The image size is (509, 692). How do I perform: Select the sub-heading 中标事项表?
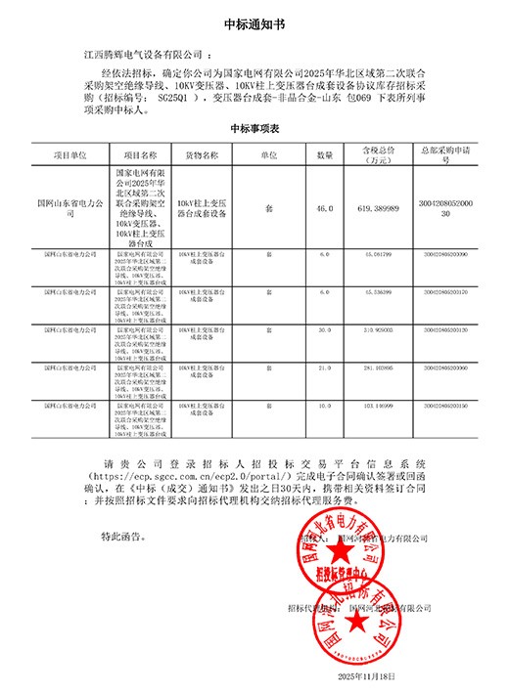254,129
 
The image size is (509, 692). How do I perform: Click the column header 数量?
324,154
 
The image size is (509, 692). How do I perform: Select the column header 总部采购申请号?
450,154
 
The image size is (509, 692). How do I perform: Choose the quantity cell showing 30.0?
324,330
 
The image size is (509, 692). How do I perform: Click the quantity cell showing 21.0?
324,367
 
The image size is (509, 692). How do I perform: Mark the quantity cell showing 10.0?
324,403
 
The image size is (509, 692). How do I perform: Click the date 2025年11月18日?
365,676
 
